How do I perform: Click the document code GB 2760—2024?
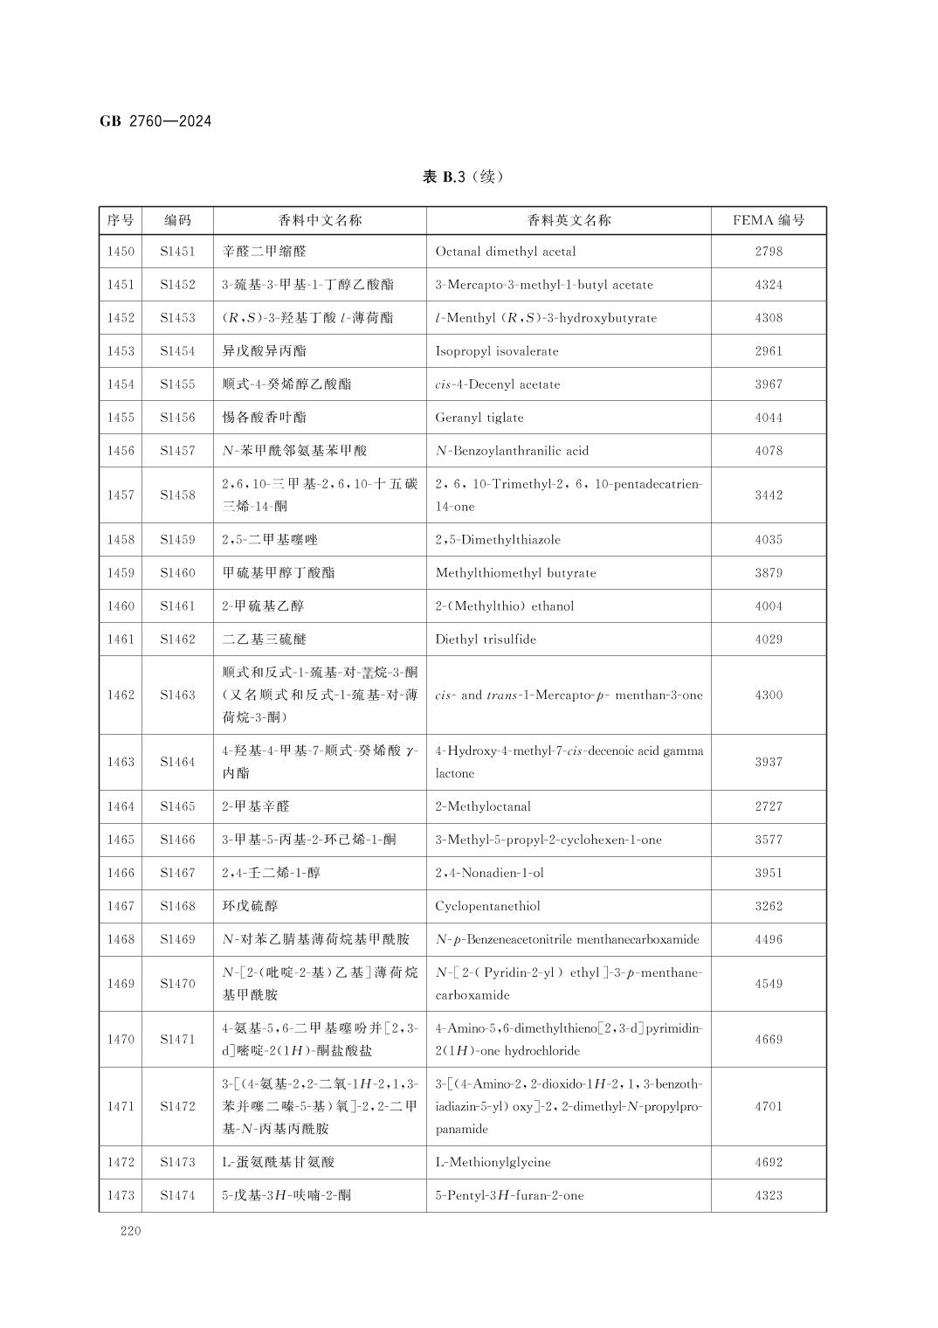coord(155,121)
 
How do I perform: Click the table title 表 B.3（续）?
coord(463,176)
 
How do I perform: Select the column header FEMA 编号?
coord(769,220)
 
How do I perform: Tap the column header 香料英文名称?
coord(569,220)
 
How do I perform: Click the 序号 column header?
coord(121,220)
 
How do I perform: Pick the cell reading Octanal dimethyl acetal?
coord(506,252)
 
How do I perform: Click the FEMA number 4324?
coord(769,285)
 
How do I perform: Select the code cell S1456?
coord(177,418)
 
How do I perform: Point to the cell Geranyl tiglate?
coord(479,418)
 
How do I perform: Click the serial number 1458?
coord(121,540)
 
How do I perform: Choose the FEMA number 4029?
coord(769,640)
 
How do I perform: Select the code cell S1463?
coord(177,695)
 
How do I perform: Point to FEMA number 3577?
coord(769,840)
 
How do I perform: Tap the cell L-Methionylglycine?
coord(493,1162)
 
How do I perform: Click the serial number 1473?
coord(121,1195)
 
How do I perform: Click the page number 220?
coord(130,1232)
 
